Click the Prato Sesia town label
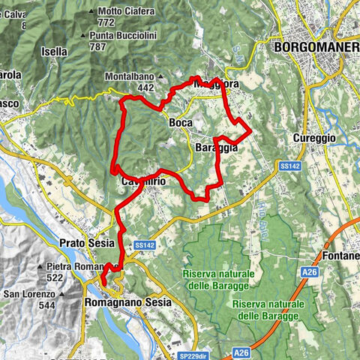tap(83, 243)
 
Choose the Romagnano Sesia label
tap(125, 301)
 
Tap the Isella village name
tap(55, 52)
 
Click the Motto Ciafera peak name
tap(127, 11)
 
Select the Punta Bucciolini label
tap(122, 35)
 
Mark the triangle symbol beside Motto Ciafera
tap(91, 11)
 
